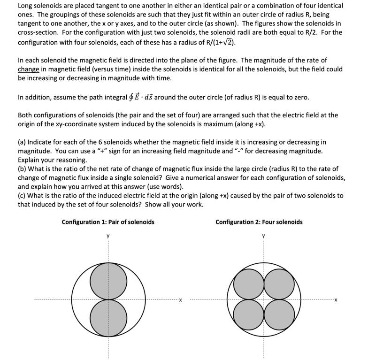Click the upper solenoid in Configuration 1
coord(108,281)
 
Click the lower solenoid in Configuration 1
coord(108,318)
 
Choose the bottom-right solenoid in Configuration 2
coord(279,315)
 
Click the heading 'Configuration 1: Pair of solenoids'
coord(108,222)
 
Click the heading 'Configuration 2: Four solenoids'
coord(259,222)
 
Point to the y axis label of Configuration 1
coord(108,236)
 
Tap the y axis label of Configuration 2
coord(264,236)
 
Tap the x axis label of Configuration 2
coord(336,300)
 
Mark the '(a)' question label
coord(22,142)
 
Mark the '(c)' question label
coord(22,195)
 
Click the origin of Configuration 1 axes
coord(108,299)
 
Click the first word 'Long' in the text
coord(26,6)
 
